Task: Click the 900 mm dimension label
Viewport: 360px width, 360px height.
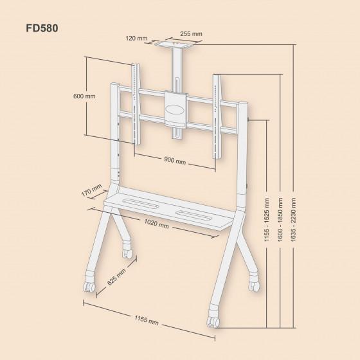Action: (174, 160)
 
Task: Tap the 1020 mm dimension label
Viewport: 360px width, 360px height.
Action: (156, 225)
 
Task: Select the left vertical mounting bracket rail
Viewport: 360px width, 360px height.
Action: (135, 103)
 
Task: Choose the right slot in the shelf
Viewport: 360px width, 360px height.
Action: (193, 215)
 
